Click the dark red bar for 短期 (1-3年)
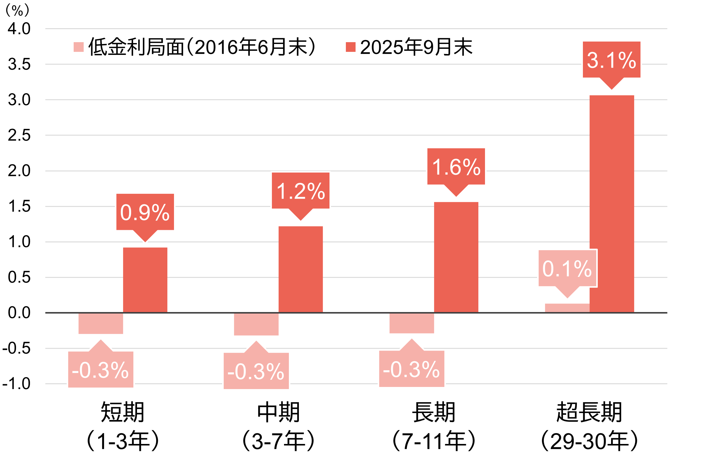(x=145, y=280)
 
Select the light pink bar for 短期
(x=101, y=323)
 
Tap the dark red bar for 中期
(x=300, y=269)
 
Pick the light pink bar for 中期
(x=256, y=324)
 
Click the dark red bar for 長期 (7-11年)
(x=456, y=257)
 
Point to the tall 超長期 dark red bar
(x=611, y=203)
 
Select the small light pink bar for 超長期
(x=567, y=308)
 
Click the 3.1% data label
(x=611, y=60)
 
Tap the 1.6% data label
(x=456, y=166)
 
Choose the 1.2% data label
(x=300, y=191)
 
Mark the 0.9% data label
(x=145, y=212)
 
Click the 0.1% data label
(x=567, y=268)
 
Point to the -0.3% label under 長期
(x=412, y=369)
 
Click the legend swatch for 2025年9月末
(x=350, y=47)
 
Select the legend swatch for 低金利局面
(x=79, y=47)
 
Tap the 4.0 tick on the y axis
(x=19, y=29)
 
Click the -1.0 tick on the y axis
(x=17, y=384)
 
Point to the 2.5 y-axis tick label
(x=19, y=135)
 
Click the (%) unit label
(x=17, y=11)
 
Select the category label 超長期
(x=589, y=412)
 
